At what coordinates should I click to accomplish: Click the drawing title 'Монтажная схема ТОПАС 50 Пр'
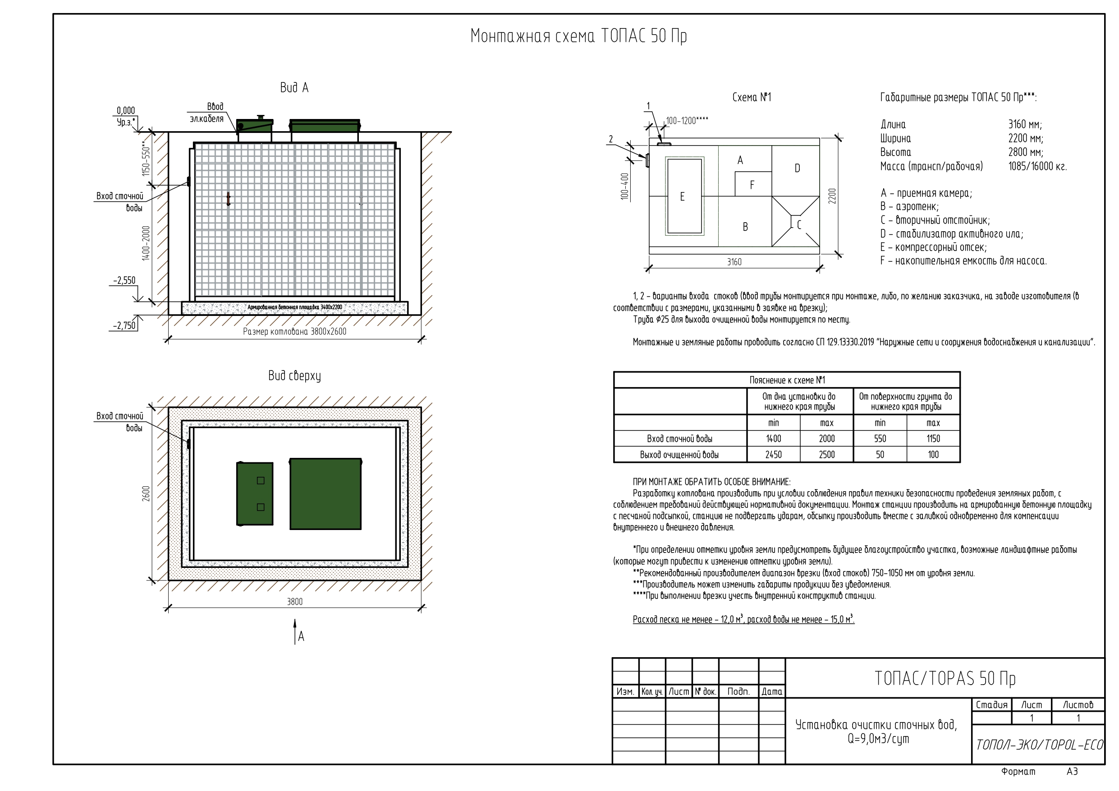click(x=578, y=37)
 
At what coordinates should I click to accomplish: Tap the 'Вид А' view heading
click(x=294, y=88)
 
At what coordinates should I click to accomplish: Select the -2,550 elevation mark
click(x=124, y=280)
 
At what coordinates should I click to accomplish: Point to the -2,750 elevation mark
click(x=124, y=325)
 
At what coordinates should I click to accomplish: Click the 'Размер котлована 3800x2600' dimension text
click(x=294, y=331)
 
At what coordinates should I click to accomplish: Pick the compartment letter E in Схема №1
click(x=682, y=197)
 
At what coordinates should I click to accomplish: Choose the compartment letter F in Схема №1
click(x=752, y=185)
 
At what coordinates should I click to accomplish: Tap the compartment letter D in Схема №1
click(x=798, y=168)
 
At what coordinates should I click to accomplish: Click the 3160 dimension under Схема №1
click(x=734, y=262)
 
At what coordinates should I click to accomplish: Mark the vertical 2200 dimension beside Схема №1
click(x=832, y=196)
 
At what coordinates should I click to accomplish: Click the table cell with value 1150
click(x=933, y=439)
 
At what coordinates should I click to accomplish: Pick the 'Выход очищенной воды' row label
click(x=679, y=455)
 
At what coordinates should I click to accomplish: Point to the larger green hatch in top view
click(x=326, y=494)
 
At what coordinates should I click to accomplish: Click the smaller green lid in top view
click(x=254, y=494)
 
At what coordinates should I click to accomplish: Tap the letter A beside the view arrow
click(x=301, y=636)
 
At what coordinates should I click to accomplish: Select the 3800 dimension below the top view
click(x=294, y=602)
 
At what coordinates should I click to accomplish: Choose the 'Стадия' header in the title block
click(x=991, y=705)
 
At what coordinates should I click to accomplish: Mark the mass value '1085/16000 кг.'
click(x=1037, y=167)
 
